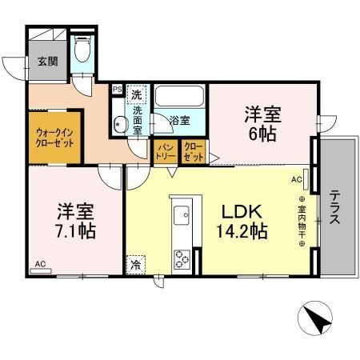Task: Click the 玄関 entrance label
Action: (x=48, y=62)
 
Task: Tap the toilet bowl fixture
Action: (x=82, y=48)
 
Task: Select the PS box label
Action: (x=118, y=90)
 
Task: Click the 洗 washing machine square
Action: (x=137, y=94)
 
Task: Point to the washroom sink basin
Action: (x=118, y=124)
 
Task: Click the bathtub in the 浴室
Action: (x=179, y=96)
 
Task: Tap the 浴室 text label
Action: (x=180, y=121)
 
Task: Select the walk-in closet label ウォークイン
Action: (x=54, y=133)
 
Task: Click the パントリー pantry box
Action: (x=166, y=151)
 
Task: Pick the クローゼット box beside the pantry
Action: (x=194, y=151)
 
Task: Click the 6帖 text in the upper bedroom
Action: (x=262, y=134)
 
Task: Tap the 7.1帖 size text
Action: (x=75, y=231)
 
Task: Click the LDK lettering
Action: (x=242, y=212)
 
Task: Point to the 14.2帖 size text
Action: (x=242, y=231)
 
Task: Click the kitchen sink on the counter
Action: (x=182, y=215)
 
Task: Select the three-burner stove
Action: (x=182, y=259)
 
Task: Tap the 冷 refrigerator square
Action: (x=136, y=265)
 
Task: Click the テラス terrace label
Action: (x=334, y=206)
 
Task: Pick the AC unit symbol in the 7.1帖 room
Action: (x=41, y=271)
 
